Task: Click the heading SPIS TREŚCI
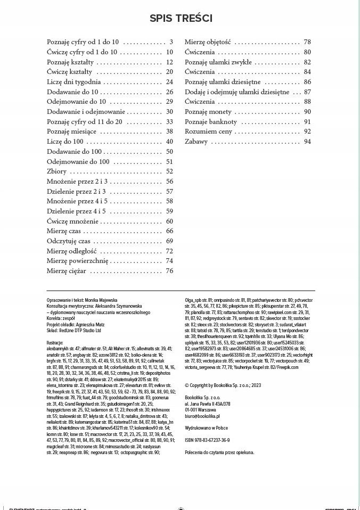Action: click(x=181, y=18)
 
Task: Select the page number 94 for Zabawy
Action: click(x=307, y=142)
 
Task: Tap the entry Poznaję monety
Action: click(x=208, y=112)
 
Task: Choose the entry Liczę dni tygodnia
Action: click(x=73, y=82)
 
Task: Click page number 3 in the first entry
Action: click(x=171, y=42)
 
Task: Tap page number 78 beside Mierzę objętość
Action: click(x=307, y=42)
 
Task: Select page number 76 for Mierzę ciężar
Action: click(x=170, y=271)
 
